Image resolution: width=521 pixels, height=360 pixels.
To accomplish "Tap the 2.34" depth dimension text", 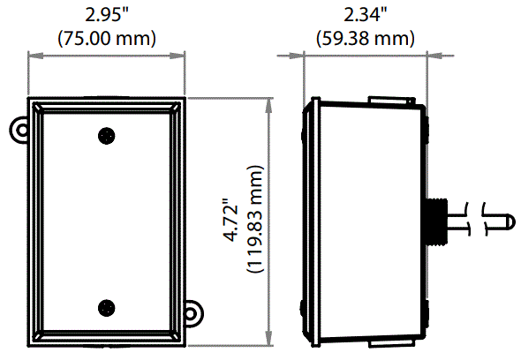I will click(365, 15).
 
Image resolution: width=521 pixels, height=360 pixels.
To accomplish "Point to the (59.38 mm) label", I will click(365, 37).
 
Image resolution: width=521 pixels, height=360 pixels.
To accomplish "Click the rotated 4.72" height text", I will click(231, 221).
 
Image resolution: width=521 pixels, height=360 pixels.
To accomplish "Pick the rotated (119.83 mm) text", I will click(256, 221).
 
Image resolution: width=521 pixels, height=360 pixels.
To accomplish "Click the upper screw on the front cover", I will click(106, 136).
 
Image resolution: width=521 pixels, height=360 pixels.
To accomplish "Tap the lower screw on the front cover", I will click(106, 307).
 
